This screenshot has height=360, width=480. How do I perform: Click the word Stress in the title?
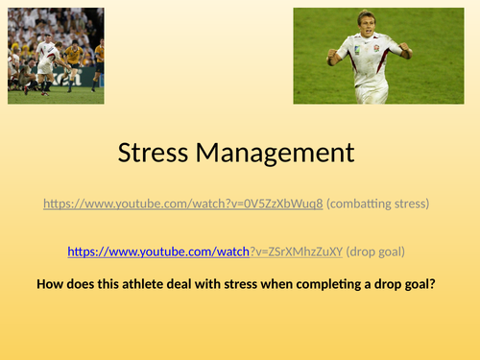157,153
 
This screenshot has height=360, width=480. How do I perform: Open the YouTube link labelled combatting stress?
183,204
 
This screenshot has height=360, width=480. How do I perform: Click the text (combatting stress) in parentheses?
376,204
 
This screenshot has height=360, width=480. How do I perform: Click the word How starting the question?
50,284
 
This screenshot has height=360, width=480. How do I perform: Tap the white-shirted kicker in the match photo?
45,63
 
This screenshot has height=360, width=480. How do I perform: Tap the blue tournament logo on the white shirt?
355,56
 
